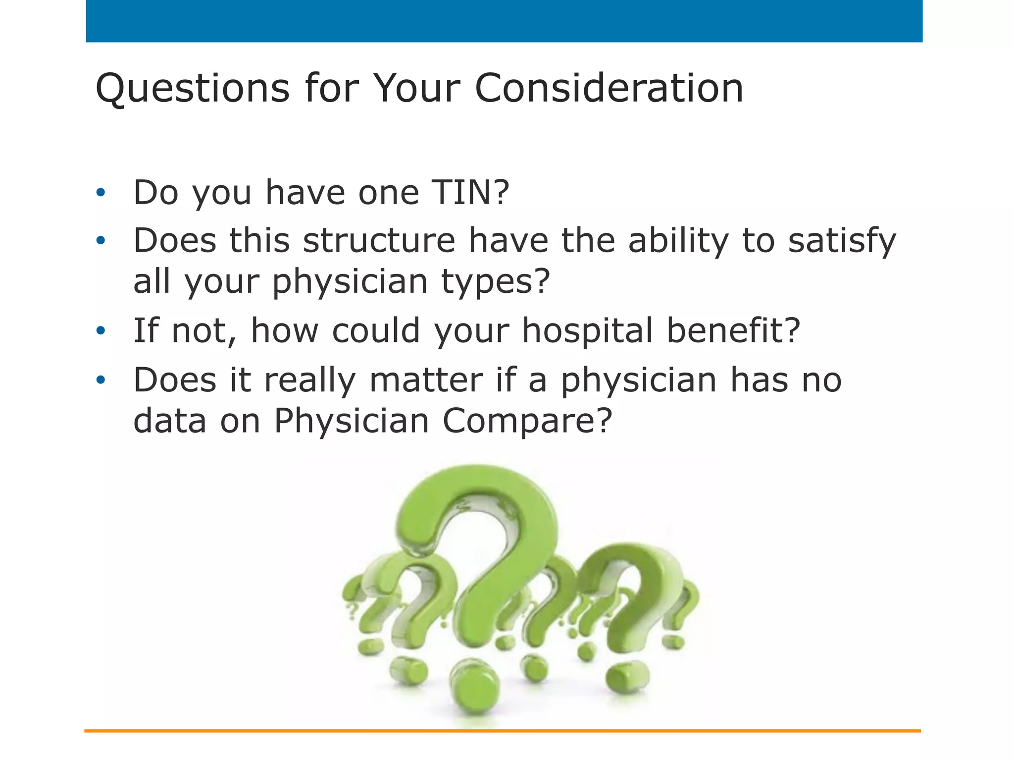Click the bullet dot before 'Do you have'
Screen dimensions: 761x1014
coord(101,193)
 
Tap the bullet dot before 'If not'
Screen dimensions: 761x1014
coord(101,330)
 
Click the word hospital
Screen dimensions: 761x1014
coord(587,330)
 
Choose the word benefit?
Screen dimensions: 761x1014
coord(733,330)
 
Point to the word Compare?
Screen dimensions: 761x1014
coord(527,421)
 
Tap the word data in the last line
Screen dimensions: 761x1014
coord(170,421)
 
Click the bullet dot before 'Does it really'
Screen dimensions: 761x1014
coord(101,380)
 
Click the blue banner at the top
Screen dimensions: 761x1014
coord(504,21)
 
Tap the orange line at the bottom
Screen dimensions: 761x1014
coord(502,731)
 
